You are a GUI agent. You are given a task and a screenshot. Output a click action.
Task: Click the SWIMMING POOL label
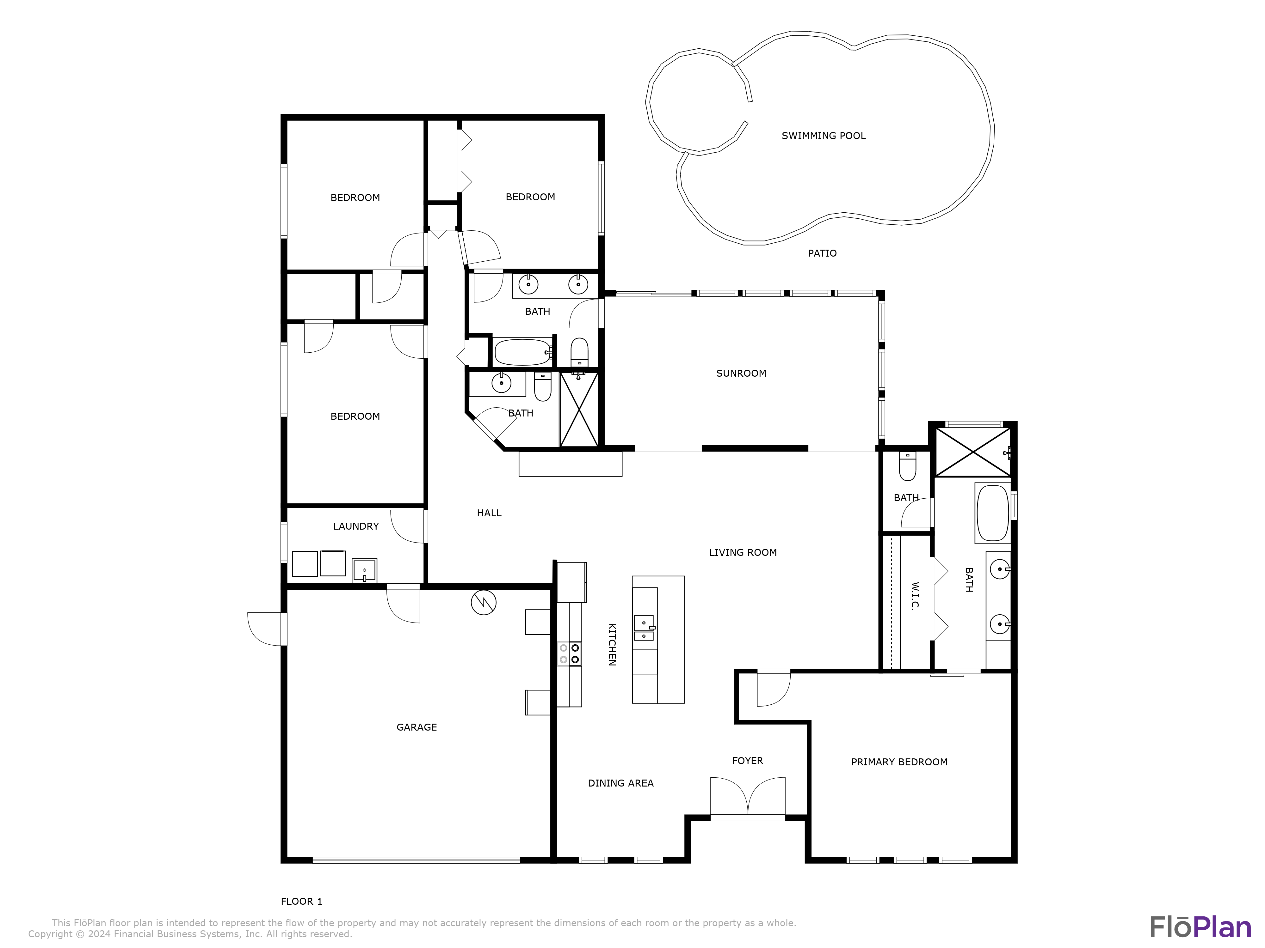coord(824,136)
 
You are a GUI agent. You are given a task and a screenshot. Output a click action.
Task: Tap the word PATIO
coord(822,253)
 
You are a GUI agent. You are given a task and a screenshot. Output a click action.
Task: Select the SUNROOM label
coord(741,373)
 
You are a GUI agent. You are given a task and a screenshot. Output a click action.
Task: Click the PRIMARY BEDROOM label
coord(899,762)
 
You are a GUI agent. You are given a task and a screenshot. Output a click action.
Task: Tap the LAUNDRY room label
coord(356,526)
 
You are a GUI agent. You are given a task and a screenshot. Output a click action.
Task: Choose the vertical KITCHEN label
coord(611,645)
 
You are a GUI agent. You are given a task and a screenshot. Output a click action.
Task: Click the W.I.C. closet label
coord(915,597)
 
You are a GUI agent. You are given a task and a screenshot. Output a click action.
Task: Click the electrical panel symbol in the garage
coord(483,602)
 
